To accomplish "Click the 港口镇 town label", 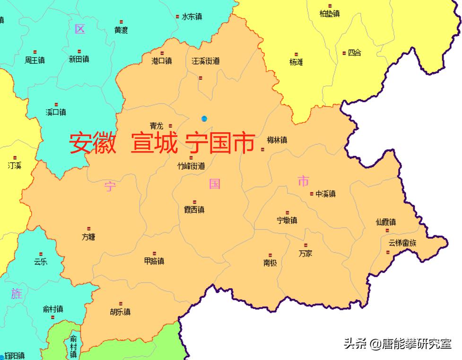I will tap(162, 61).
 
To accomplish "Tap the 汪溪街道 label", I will tap(205, 61).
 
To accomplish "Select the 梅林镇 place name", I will tap(277, 140).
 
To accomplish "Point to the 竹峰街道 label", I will tap(191, 166).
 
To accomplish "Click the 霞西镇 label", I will tap(194, 210).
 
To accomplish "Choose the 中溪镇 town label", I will tap(325, 194).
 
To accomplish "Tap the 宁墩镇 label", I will tap(287, 220).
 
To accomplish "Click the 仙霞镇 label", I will tap(386, 222).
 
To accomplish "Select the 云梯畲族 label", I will tap(402, 243).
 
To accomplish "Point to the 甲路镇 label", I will tap(154, 261).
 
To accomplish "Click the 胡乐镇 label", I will tap(120, 312).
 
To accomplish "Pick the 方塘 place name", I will tap(88, 237).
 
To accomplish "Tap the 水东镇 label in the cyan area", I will tap(192, 17).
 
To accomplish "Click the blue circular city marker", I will tap(204, 118).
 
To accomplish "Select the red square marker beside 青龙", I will tap(171, 126).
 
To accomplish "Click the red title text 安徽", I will tap(93, 143).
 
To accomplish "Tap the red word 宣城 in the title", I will tap(155, 143).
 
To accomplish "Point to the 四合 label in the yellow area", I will tap(354, 53).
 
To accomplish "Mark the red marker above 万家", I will tap(305, 245).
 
